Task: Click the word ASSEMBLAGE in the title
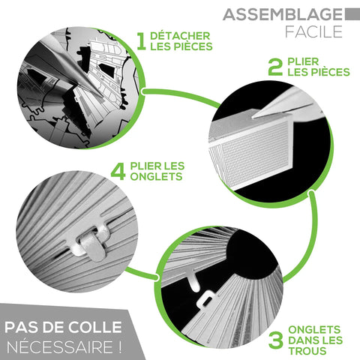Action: (283, 14)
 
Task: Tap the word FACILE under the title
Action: (313, 31)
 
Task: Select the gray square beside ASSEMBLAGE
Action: (352, 14)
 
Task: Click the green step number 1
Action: (142, 41)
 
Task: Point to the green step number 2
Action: (275, 67)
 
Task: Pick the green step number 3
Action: (276, 340)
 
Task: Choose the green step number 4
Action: (118, 171)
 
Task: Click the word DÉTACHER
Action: (180, 35)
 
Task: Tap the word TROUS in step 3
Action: (307, 351)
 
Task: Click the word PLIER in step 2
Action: (303, 61)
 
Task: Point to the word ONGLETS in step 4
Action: (156, 176)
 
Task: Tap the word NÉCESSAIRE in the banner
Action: (60, 346)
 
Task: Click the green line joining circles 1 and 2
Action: (181, 96)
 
